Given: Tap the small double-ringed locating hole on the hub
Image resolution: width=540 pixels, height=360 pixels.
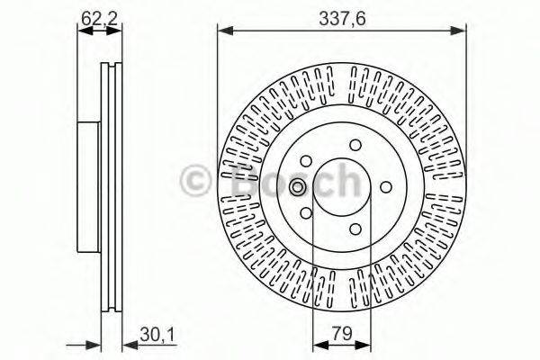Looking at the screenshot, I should click(299, 187).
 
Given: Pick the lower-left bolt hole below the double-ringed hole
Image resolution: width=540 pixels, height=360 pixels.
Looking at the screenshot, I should click(307, 213).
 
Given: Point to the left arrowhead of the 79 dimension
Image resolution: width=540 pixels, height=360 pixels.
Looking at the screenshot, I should click(317, 345).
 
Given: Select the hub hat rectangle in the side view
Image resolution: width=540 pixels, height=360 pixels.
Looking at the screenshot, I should click(88, 185).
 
